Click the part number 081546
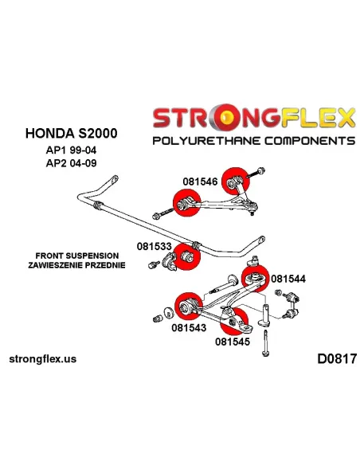point(200,182)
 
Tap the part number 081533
point(155,246)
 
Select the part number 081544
point(288,279)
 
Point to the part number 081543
point(189,328)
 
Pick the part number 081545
point(233,342)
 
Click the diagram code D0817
point(337,359)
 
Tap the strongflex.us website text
point(43,359)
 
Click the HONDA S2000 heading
point(71,133)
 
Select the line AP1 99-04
point(71,150)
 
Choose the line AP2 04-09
point(71,163)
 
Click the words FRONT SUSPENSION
point(77,256)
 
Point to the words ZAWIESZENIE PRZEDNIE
point(76,265)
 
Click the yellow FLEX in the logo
point(317,118)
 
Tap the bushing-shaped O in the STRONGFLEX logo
point(226,118)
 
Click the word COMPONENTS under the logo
point(310,140)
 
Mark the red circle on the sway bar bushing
point(186,256)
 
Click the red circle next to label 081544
point(255,279)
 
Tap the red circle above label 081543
point(189,306)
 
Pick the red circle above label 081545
point(234,321)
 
